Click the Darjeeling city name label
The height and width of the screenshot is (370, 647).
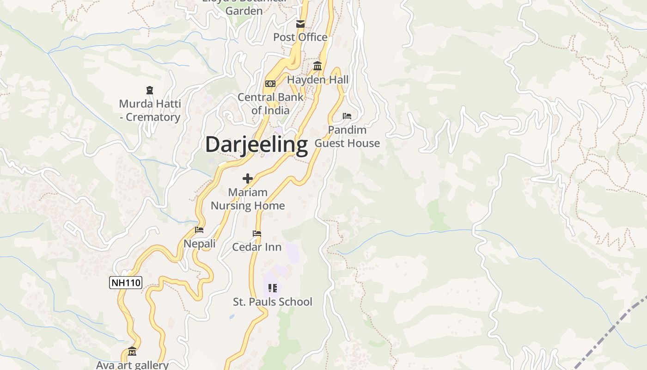256,144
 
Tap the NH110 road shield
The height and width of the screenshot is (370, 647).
126,282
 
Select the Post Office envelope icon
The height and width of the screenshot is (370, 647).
300,24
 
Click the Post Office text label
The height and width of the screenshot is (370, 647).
300,37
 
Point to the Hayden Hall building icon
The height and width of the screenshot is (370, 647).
317,66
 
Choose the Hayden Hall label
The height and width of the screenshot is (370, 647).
318,80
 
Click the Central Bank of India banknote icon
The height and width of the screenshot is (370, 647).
270,84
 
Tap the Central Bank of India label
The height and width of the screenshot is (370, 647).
270,104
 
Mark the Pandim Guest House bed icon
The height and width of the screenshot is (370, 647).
347,116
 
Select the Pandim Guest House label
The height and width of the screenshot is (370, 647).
347,136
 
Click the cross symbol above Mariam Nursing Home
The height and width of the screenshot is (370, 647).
248,178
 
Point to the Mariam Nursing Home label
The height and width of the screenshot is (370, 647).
248,199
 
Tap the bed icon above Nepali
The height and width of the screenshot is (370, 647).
199,229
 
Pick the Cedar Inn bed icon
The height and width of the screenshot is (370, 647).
257,234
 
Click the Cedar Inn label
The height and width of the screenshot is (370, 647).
257,247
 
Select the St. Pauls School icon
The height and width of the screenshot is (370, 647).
273,288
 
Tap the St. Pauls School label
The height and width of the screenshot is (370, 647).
273,302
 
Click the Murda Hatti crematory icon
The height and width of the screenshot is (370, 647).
150,90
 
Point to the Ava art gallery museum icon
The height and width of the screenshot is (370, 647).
132,351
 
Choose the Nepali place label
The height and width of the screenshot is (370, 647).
200,244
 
